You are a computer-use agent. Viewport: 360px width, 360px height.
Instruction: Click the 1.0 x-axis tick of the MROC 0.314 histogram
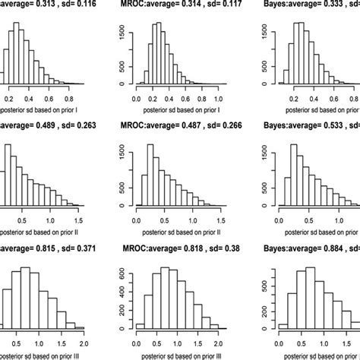pyautogui.click(x=220, y=99)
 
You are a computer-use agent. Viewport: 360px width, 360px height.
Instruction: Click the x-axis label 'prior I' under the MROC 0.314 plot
pyautogui.click(x=178, y=111)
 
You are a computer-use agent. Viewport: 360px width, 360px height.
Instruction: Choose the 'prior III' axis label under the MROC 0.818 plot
pyautogui.click(x=178, y=347)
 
